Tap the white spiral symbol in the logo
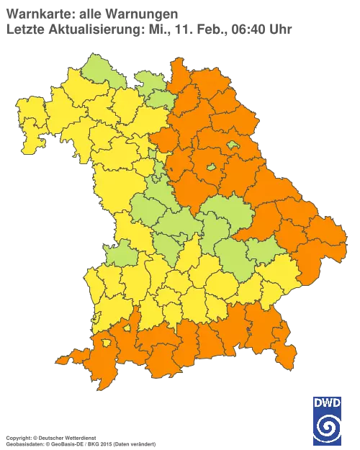pyautogui.click(x=328, y=428)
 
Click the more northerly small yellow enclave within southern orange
pyautogui.click(x=127, y=328)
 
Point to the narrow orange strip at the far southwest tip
pyautogui.click(x=66, y=359)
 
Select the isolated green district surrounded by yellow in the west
pyautogui.click(x=120, y=253)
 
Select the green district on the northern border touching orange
pyautogui.click(x=150, y=82)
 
